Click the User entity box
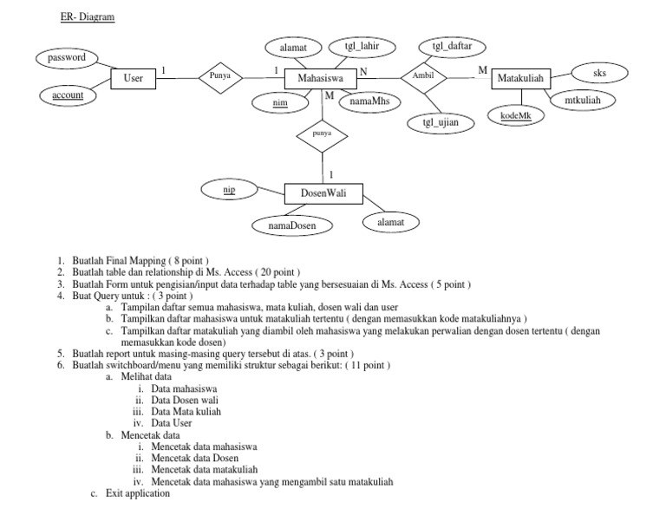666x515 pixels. [x=133, y=79]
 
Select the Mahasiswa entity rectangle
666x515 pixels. [x=321, y=79]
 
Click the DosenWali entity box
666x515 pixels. [x=323, y=193]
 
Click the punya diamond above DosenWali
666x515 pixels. [x=322, y=135]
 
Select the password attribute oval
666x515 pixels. [x=67, y=57]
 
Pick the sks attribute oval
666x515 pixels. [x=599, y=75]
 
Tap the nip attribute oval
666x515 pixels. [x=229, y=188]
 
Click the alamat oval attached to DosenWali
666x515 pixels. [x=390, y=222]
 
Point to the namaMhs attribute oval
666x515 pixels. [x=369, y=102]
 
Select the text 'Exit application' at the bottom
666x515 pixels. [x=135, y=493]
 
